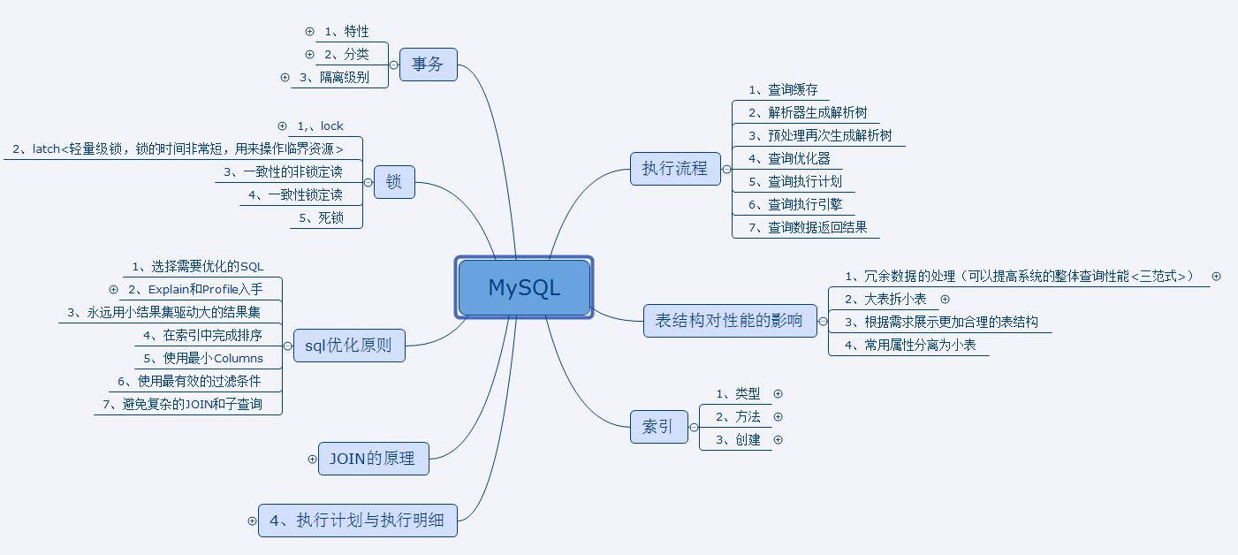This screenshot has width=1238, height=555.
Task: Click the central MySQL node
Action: (524, 287)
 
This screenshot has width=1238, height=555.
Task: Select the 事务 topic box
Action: (428, 65)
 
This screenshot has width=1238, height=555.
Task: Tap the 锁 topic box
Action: (394, 182)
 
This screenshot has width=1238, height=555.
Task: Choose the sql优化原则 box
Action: (348, 346)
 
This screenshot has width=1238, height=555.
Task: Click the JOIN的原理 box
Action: (373, 459)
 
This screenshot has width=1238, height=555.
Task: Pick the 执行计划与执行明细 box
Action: (357, 520)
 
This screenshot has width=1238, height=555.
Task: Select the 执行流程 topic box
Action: (675, 168)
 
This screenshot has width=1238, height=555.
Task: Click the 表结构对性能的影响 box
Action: (730, 320)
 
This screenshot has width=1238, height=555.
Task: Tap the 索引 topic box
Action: (658, 427)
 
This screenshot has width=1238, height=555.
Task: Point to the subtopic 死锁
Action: (330, 217)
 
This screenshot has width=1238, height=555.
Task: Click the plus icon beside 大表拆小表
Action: (945, 299)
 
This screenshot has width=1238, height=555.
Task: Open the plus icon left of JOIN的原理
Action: (312, 459)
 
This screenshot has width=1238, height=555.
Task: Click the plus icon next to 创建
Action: (778, 439)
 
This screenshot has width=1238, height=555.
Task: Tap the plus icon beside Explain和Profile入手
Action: (113, 289)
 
